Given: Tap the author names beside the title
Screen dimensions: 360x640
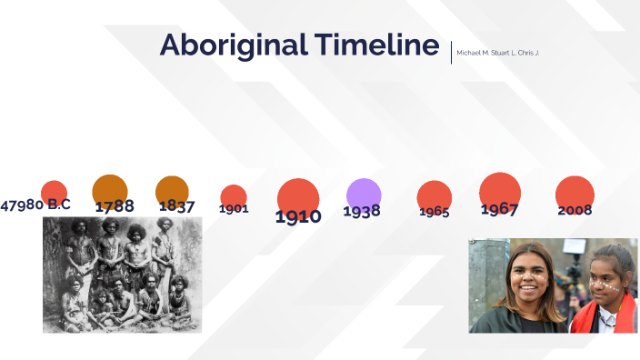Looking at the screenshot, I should pos(497,53).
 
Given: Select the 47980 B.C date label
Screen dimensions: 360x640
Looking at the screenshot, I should pos(35,205).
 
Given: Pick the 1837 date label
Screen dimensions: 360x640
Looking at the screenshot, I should pos(177,206).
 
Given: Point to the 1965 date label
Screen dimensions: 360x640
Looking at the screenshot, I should pos(435,212).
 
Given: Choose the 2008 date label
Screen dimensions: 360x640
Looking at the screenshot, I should pos(575,210).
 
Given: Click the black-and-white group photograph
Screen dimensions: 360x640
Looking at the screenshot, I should pos(122,275).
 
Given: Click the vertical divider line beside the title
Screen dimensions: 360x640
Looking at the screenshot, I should pos(451,51).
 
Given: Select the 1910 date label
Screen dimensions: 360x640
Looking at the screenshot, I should pos(298,216).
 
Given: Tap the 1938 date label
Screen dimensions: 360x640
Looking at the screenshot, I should pos(362,211).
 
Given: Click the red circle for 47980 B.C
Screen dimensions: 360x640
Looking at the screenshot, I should pos(55,191).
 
